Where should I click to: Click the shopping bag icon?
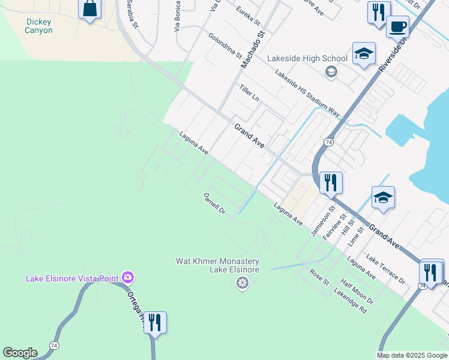[89, 9]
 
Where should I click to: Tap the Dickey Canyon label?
[39, 26]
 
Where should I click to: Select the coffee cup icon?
[397, 27]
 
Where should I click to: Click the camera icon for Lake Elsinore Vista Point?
[127, 277]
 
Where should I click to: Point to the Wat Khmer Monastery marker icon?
[243, 283]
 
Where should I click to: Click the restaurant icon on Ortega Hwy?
[155, 323]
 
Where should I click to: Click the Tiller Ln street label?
[249, 92]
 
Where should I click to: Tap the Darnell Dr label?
[214, 203]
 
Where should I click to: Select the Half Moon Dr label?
[357, 291]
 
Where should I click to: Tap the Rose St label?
[319, 277]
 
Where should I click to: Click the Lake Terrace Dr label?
[385, 269]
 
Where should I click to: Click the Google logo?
[20, 353]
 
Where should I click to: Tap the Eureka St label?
[249, 16]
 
